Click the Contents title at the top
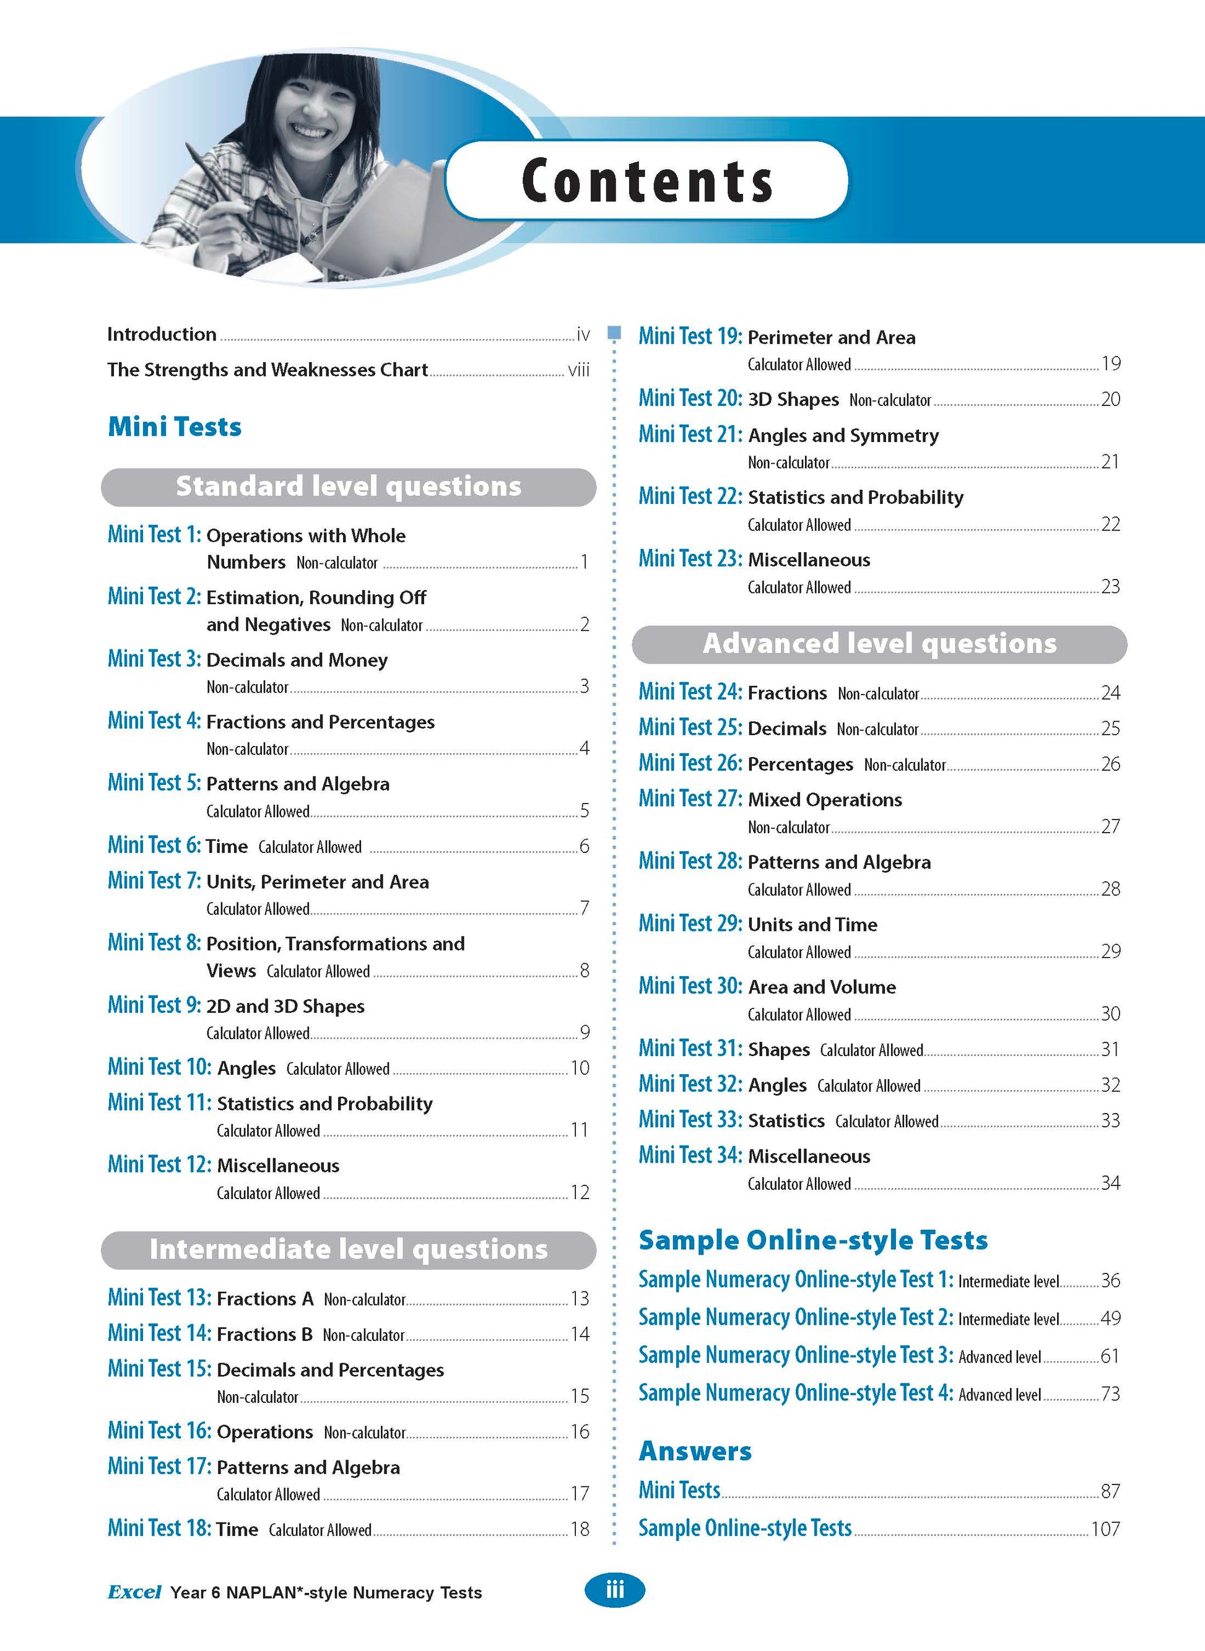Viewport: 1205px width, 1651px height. (x=647, y=180)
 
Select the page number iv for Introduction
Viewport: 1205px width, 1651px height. (x=583, y=335)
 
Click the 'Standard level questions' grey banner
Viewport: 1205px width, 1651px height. (x=349, y=487)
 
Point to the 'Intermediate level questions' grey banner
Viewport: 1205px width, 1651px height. (x=349, y=1249)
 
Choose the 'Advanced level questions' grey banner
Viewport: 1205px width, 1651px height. (x=879, y=644)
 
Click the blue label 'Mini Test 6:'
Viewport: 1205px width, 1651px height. (x=154, y=845)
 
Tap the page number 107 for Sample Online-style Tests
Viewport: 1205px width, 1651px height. (x=1105, y=1528)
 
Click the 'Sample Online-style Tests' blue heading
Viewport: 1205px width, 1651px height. (x=812, y=1240)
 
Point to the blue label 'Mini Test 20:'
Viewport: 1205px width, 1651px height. (x=690, y=398)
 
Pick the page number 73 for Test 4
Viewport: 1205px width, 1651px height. (x=1110, y=1393)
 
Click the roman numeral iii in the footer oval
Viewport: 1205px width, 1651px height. (x=615, y=1590)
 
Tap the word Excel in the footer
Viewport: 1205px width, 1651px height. (x=134, y=1592)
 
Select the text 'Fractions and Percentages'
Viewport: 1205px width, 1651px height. (x=320, y=722)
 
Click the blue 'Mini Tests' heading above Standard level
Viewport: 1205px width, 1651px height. (x=175, y=427)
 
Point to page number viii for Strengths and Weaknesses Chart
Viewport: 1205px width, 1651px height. (x=578, y=370)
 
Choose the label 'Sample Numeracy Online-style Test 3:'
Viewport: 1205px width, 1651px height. (x=796, y=1355)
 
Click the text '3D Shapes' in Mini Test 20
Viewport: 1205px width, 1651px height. (x=794, y=400)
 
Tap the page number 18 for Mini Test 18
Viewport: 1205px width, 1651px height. (x=580, y=1529)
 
